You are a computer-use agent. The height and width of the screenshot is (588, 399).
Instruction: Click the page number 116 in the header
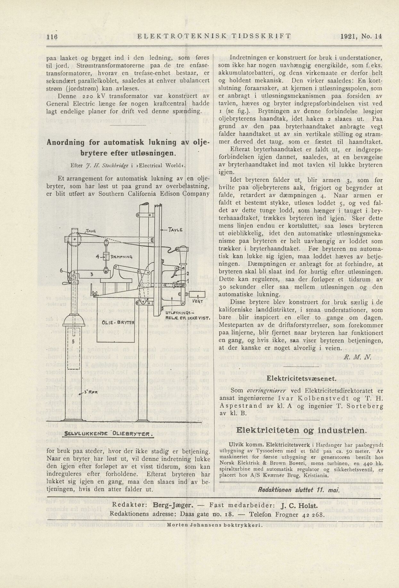52,37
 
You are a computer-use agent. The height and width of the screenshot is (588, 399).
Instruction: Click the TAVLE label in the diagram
176,230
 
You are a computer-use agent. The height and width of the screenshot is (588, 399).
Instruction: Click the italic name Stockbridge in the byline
113,166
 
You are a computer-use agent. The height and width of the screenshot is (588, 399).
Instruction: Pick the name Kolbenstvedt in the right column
311,399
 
